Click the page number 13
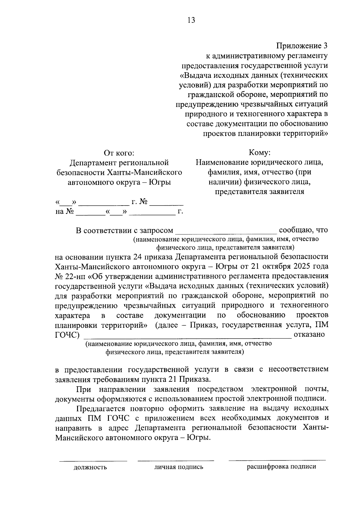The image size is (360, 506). click(x=191, y=20)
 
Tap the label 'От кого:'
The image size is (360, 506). click(x=119, y=153)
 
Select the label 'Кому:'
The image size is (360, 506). click(x=260, y=153)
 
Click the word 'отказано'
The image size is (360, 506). click(x=309, y=334)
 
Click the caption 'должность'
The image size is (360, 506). click(x=90, y=467)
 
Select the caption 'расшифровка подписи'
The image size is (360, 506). click(x=281, y=467)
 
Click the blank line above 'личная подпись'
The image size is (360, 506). click(x=176, y=460)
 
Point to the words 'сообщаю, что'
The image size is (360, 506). click(x=303, y=230)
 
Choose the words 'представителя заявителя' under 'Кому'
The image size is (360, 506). click(x=259, y=192)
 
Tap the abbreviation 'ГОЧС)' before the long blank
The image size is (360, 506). click(x=67, y=335)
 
